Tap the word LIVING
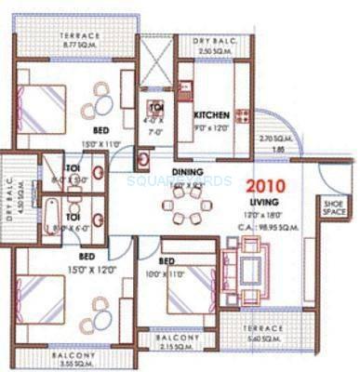tap(264, 201)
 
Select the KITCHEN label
tap(212, 115)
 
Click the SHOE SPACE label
tap(335, 206)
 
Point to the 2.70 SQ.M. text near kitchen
tap(272, 139)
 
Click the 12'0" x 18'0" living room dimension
tap(264, 213)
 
